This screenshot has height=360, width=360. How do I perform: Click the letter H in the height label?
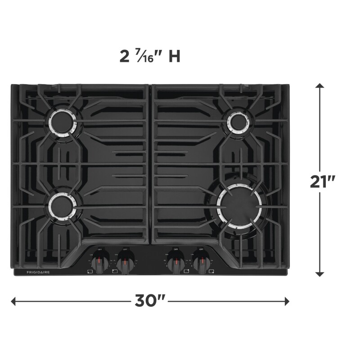tap(175, 57)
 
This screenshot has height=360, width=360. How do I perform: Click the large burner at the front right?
tap(238, 205)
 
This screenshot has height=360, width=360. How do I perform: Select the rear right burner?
tap(238, 121)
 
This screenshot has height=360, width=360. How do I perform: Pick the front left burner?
tap(63, 206)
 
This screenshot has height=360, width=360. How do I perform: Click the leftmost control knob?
tap(102, 261)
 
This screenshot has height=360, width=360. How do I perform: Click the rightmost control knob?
tap(200, 261)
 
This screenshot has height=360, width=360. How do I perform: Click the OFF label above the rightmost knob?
tap(200, 249)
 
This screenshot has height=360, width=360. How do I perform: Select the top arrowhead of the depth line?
tap(320, 86)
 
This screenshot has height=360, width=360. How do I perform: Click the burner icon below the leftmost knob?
tap(90, 271)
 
